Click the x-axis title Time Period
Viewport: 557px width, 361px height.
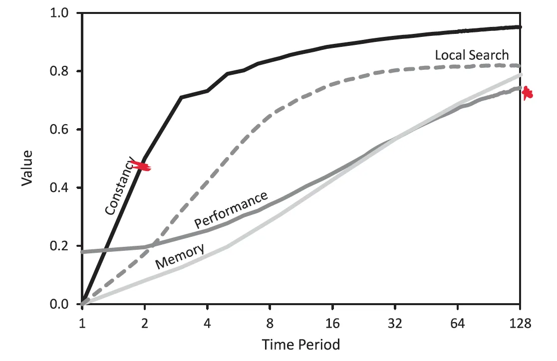[301, 345]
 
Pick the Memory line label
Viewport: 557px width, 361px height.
[180, 256]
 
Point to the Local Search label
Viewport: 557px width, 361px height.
[472, 55]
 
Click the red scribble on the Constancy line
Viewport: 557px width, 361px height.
[140, 166]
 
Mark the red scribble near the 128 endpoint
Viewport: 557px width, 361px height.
[527, 93]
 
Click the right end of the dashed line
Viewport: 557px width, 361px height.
[520, 66]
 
